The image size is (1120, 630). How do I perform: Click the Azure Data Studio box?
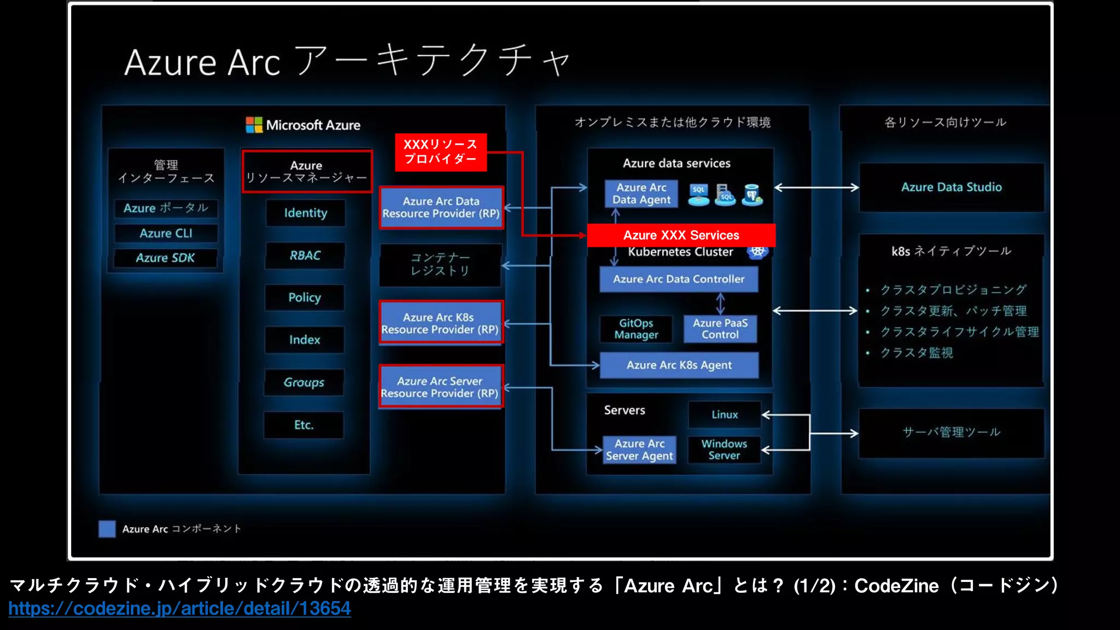(951, 187)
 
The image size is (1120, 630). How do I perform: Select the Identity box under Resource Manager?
(305, 213)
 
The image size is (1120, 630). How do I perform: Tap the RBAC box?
(305, 255)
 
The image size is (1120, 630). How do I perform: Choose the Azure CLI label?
(166, 234)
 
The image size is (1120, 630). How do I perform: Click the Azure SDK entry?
(165, 258)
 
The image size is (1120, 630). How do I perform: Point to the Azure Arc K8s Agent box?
(679, 365)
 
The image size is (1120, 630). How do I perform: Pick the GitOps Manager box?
(636, 329)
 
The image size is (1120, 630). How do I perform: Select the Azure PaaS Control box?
(720, 329)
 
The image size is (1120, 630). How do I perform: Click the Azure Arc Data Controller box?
(678, 279)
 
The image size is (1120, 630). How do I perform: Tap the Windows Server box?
(724, 450)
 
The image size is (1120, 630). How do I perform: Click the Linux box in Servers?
(724, 415)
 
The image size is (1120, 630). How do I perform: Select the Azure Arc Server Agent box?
(639, 450)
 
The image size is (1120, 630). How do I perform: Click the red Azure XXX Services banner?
(681, 235)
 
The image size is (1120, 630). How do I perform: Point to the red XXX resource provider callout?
(440, 152)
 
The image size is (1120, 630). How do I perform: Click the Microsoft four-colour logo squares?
(254, 125)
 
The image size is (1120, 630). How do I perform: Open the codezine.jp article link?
(179, 608)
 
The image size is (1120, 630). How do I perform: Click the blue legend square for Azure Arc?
(107, 529)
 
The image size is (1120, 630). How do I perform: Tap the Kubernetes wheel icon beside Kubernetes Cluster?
(757, 252)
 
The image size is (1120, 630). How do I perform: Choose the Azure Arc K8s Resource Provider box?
(440, 323)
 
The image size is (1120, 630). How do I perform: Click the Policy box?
(305, 297)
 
